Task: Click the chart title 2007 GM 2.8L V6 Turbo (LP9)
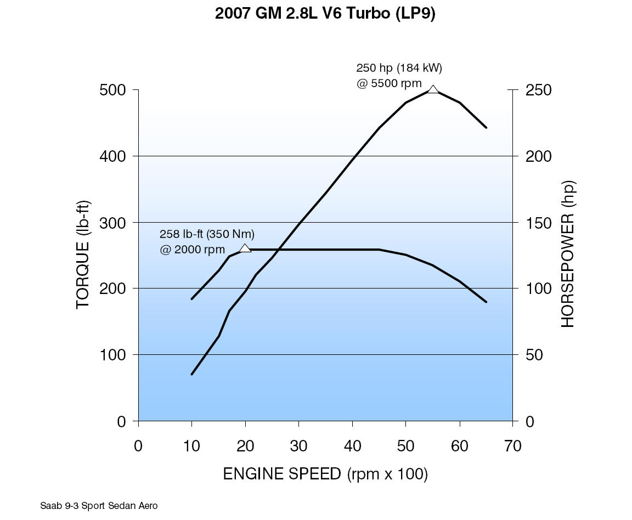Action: [325, 14]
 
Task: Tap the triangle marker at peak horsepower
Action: [433, 89]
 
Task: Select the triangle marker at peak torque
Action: [245, 248]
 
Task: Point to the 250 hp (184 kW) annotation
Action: [399, 69]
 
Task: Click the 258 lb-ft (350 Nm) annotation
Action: [207, 234]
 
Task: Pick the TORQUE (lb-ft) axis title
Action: [83, 255]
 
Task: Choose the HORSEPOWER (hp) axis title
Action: [568, 255]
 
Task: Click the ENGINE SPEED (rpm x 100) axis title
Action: [325, 474]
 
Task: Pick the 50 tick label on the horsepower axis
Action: [534, 355]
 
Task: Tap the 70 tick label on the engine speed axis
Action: [512, 446]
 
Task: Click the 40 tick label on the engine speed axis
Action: [352, 446]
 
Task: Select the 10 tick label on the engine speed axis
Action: [191, 446]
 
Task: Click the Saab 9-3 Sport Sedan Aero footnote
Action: [99, 506]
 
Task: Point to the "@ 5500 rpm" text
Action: [389, 84]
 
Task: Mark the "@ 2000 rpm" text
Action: [192, 250]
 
